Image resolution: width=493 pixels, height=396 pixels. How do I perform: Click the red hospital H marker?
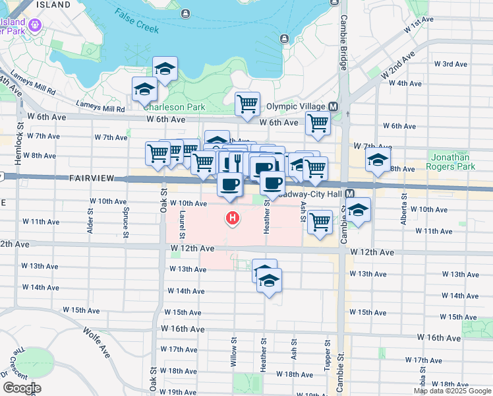click(232, 217)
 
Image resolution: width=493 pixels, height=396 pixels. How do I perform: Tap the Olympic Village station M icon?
click(333, 106)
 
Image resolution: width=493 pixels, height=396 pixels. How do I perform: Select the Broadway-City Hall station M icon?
click(350, 194)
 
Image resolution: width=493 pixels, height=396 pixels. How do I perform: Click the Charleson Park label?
click(174, 107)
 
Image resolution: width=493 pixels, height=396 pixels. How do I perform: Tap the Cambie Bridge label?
click(343, 43)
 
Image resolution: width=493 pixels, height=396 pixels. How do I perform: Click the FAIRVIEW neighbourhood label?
click(92, 179)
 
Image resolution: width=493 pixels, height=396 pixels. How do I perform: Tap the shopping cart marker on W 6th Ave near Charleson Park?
click(247, 104)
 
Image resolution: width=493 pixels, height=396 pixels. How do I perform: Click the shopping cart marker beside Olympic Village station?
click(318, 122)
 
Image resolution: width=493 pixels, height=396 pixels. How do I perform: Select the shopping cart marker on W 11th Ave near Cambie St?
click(320, 221)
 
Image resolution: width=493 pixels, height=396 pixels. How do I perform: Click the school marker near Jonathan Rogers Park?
click(378, 160)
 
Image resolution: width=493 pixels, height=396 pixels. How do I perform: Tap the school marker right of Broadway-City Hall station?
click(358, 211)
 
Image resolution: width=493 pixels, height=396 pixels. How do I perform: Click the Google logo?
click(21, 388)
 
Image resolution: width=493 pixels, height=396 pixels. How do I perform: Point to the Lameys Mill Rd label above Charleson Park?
click(100, 108)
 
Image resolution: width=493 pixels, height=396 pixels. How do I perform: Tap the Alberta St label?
click(403, 211)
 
